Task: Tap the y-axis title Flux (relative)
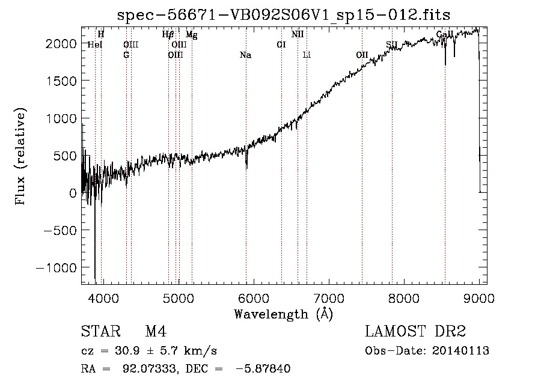click(x=21, y=156)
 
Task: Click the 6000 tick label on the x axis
click(x=253, y=297)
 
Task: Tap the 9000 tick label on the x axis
click(x=478, y=297)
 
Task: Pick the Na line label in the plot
click(x=245, y=55)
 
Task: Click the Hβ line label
click(x=168, y=35)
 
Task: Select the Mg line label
click(x=191, y=35)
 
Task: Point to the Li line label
click(x=307, y=55)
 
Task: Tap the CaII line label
click(x=444, y=35)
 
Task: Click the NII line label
click(x=298, y=35)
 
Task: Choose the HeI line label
click(x=95, y=45)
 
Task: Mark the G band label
click(x=126, y=55)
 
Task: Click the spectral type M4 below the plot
click(x=156, y=332)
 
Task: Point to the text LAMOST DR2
click(x=415, y=332)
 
